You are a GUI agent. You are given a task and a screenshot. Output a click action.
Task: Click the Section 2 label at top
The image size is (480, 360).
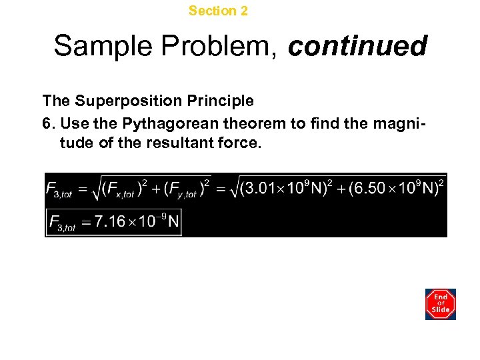tap(218, 11)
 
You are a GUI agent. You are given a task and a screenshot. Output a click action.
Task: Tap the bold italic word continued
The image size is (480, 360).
tap(357, 47)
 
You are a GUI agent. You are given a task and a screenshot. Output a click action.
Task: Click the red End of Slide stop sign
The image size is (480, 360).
tap(441, 304)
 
